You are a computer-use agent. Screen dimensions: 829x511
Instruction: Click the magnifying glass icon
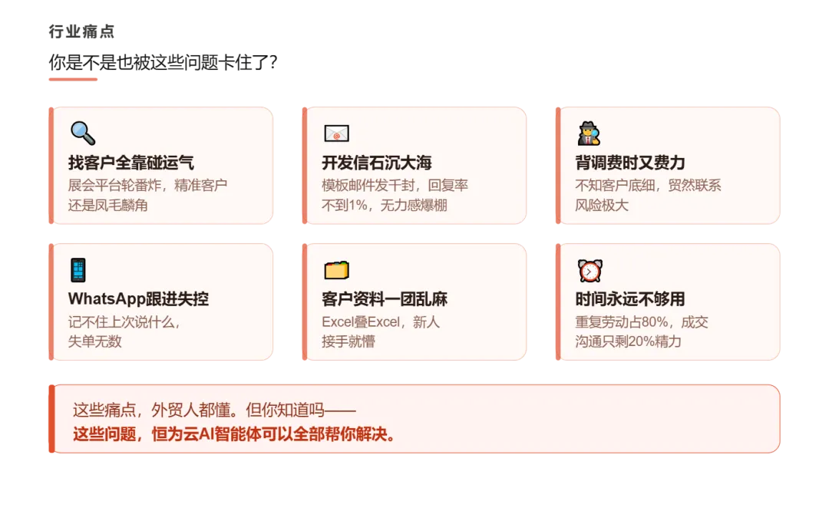point(82,134)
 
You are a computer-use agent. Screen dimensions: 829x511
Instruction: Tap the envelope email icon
point(336,134)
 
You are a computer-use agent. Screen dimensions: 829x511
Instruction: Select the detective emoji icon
point(589,134)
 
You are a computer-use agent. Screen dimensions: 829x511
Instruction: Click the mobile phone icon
point(78,270)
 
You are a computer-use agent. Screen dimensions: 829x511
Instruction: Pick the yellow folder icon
point(336,270)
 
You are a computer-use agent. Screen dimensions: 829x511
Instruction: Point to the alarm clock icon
point(589,270)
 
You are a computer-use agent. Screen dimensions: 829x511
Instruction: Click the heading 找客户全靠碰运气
point(130,163)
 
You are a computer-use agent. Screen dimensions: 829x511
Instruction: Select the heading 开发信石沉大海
point(376,163)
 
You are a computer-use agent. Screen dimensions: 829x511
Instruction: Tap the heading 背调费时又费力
point(629,163)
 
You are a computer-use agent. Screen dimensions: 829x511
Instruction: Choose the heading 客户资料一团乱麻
point(384,299)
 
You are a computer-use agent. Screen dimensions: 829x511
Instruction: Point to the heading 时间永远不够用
point(629,299)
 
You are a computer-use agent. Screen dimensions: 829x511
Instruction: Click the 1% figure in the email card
point(358,206)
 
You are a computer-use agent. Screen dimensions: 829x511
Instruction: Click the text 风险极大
point(602,206)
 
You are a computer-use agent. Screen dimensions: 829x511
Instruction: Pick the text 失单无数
point(94,341)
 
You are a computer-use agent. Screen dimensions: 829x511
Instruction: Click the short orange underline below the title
point(71,78)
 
